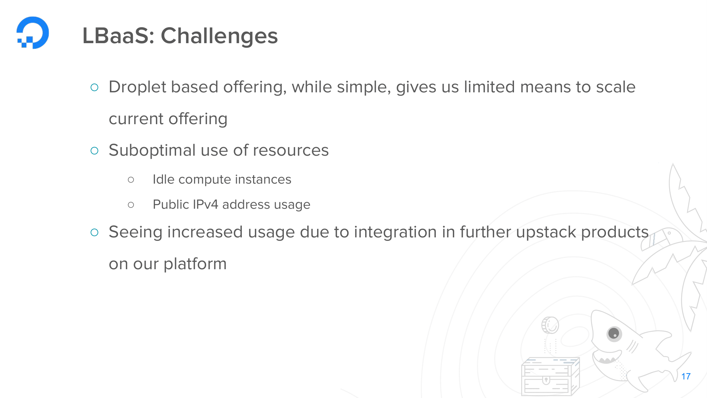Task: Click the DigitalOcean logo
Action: [33, 33]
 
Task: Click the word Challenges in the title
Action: [219, 36]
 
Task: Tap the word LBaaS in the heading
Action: [118, 36]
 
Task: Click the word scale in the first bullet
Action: [616, 87]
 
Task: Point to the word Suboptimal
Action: [152, 151]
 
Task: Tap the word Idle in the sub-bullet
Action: [164, 179]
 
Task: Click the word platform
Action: [195, 264]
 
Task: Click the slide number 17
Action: [686, 376]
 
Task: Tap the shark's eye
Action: [614, 334]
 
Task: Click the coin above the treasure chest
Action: [550, 325]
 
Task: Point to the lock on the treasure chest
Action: [546, 380]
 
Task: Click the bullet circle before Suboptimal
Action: [94, 151]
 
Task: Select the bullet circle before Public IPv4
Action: [131, 205]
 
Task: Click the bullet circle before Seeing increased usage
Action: [94, 232]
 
